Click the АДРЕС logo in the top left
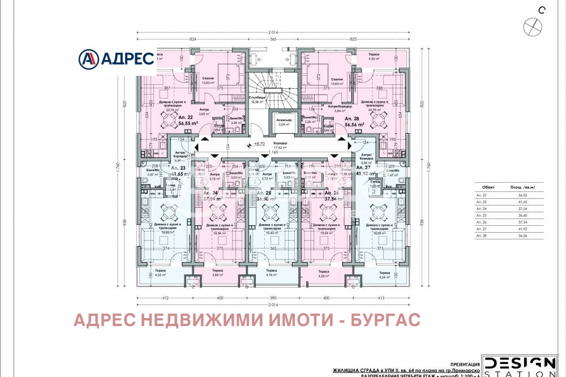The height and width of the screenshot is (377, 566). [x=116, y=58]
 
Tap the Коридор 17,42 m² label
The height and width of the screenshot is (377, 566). [x=280, y=145]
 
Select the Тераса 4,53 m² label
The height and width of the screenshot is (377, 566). [x=373, y=57]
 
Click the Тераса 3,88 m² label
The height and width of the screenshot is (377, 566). [x=217, y=272]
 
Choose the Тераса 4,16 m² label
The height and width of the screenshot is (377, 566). [x=271, y=272]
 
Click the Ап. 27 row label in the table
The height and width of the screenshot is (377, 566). [x=481, y=229]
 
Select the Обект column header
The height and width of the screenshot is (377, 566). [x=487, y=186]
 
